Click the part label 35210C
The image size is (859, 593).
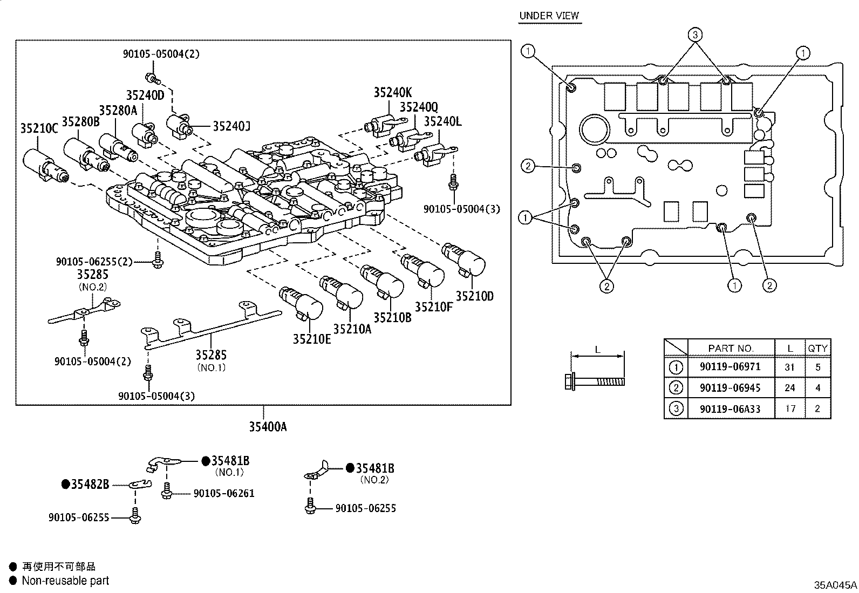[x=39, y=128]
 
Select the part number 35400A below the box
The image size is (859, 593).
[x=268, y=427]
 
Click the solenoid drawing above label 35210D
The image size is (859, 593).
[x=463, y=259]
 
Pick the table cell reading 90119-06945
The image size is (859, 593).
[x=730, y=387]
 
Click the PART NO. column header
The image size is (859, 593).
[x=731, y=349]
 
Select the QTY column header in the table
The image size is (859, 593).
[x=817, y=349]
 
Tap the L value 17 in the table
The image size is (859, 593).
[x=790, y=408]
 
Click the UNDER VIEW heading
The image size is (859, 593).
[x=549, y=16]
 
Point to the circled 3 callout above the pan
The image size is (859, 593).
[x=695, y=35]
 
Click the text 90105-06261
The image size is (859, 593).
[x=223, y=493]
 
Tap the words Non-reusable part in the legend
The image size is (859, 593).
[x=65, y=581]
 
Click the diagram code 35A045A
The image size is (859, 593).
[x=835, y=584]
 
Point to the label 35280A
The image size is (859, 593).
[x=118, y=111]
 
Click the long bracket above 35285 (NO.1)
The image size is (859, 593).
[x=210, y=328]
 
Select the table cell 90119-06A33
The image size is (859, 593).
[x=730, y=408]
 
